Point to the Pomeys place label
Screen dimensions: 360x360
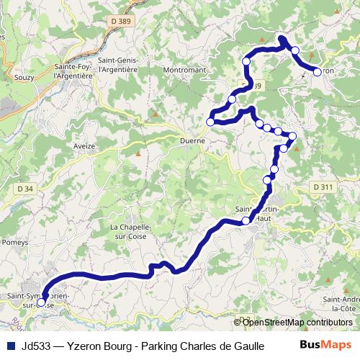click(14, 243)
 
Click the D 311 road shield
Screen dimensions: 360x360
click(325, 187)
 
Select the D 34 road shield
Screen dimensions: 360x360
click(24, 189)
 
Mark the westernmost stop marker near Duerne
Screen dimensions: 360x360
click(210, 122)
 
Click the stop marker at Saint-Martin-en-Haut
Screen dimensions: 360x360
click(246, 220)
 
